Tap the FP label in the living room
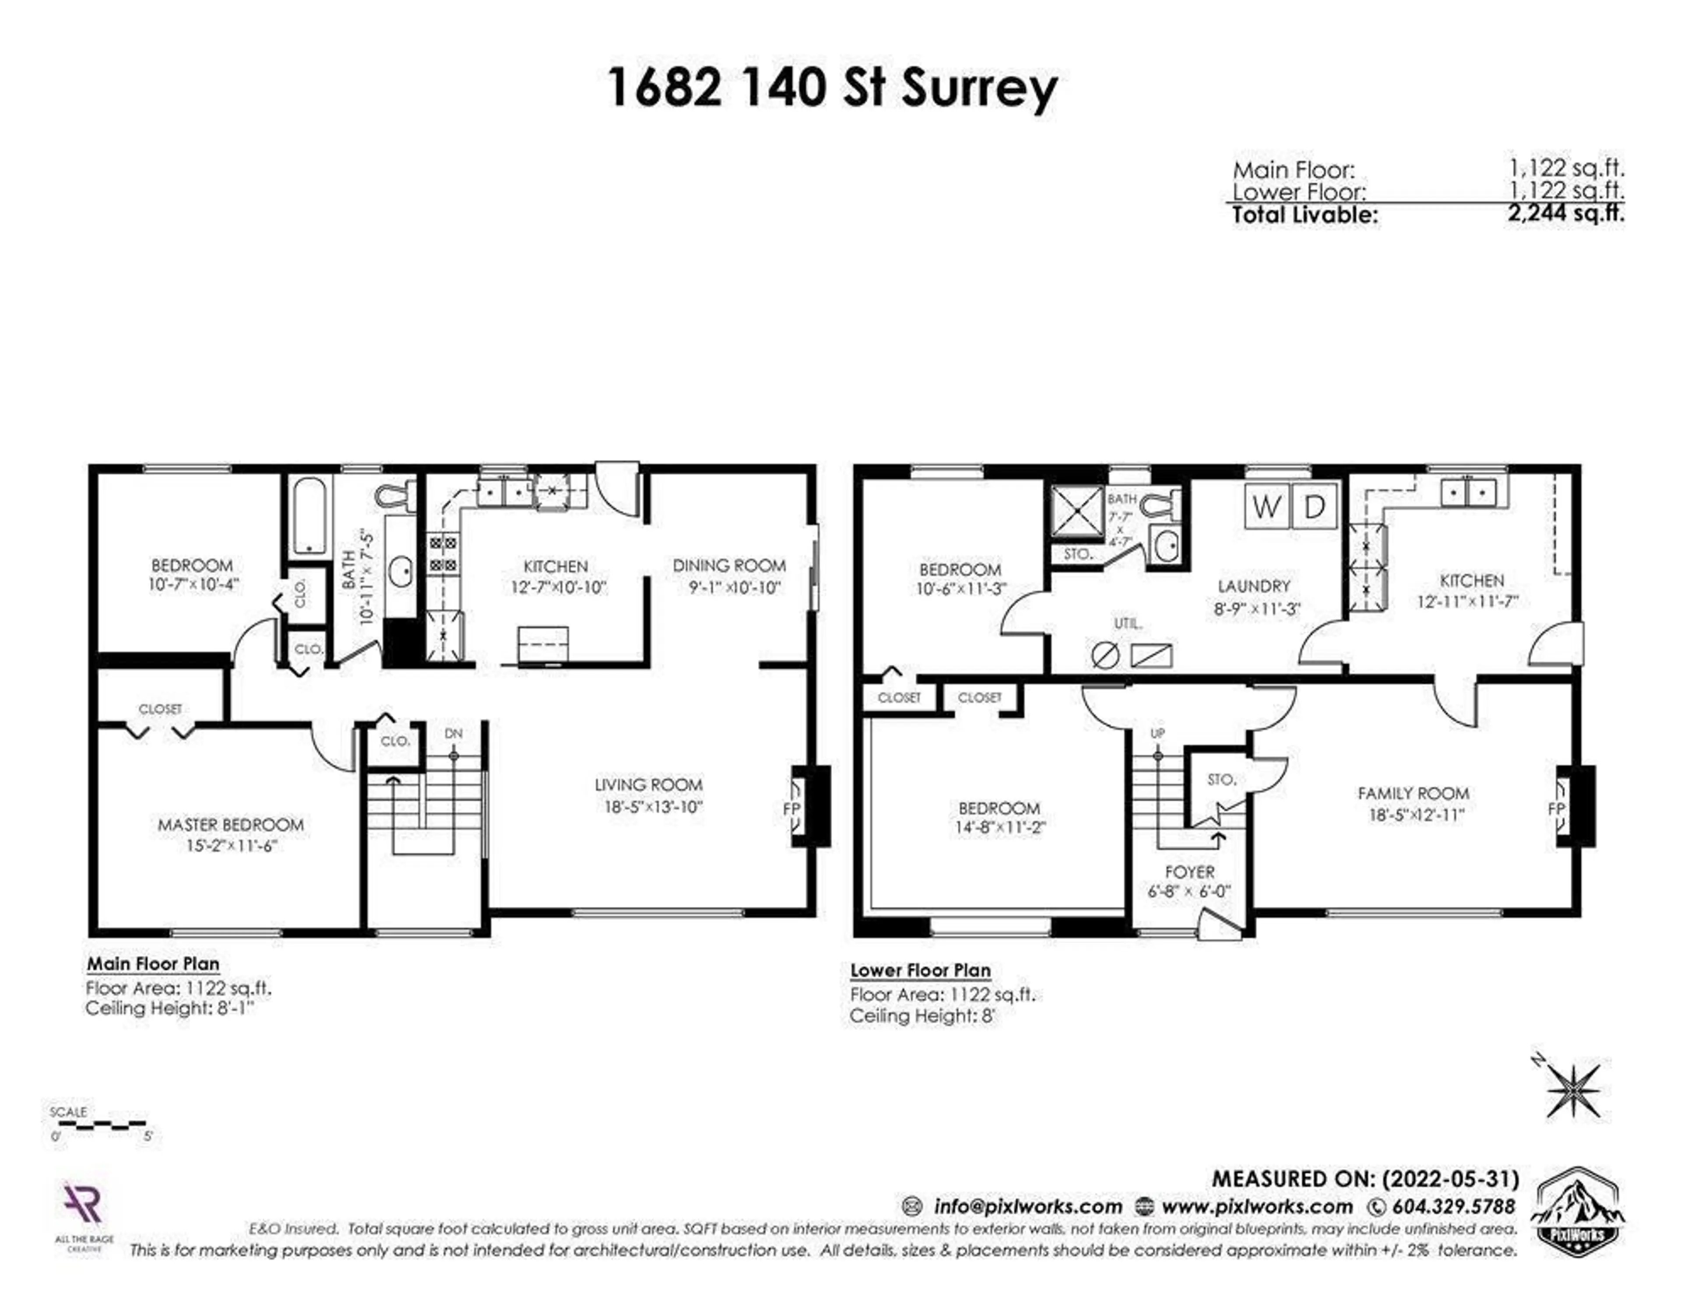(791, 808)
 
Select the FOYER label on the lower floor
(1189, 872)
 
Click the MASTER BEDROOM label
(230, 824)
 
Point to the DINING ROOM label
(729, 566)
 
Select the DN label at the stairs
(454, 734)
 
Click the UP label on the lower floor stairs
(1157, 734)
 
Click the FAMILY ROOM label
(1413, 793)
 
